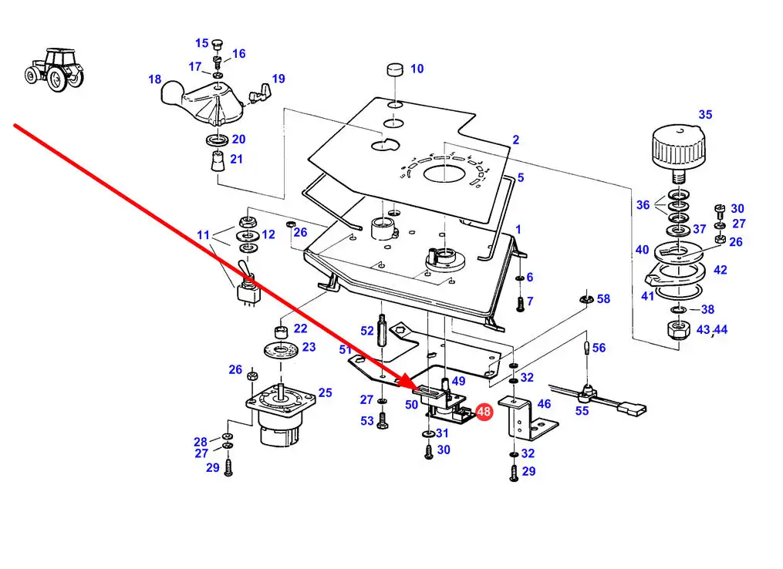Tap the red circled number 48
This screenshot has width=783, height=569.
(484, 412)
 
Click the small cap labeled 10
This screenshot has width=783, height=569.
(395, 70)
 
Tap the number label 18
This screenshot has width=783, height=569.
(155, 79)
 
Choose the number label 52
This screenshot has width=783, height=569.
(367, 330)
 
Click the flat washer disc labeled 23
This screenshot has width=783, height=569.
(279, 352)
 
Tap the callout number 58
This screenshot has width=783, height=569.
(603, 298)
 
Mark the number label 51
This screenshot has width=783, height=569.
(345, 350)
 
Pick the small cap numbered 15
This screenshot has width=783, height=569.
(216, 42)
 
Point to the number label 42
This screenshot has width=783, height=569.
(720, 270)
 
